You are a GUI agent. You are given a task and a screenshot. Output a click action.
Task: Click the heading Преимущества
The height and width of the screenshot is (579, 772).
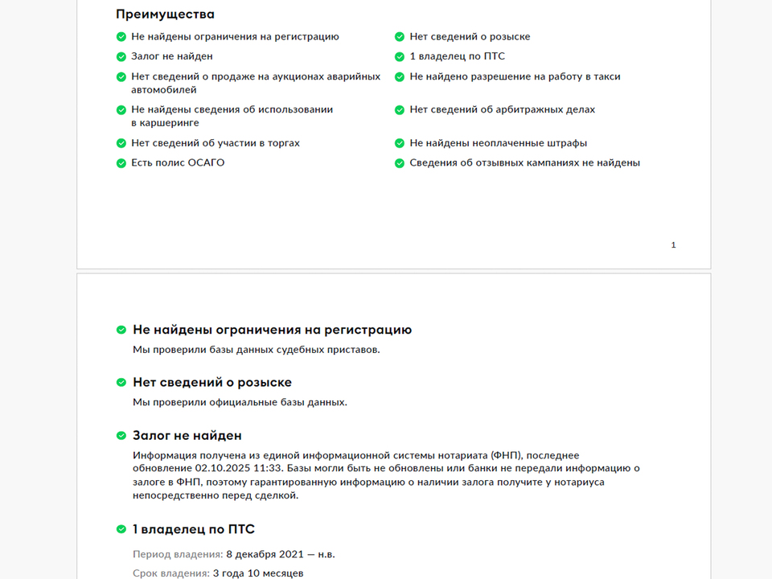click(165, 14)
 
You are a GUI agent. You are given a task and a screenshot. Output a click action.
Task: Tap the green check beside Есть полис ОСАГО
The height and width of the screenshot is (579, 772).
click(121, 163)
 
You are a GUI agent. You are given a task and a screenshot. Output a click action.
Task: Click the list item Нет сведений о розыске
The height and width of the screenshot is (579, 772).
click(470, 37)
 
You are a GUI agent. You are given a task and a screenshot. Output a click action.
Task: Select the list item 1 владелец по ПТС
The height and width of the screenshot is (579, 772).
click(457, 56)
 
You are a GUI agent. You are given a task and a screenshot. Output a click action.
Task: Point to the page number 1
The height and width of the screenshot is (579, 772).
click(673, 245)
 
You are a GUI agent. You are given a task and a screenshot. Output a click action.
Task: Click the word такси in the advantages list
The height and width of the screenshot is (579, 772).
click(606, 77)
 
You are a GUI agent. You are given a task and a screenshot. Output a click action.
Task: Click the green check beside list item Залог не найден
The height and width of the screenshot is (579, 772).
click(121, 56)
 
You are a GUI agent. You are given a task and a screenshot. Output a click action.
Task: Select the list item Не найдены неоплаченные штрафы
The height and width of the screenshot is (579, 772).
click(498, 143)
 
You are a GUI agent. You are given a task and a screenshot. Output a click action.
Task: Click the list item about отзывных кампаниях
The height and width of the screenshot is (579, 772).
click(524, 163)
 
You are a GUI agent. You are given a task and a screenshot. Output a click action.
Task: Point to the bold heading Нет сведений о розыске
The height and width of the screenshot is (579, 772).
click(212, 383)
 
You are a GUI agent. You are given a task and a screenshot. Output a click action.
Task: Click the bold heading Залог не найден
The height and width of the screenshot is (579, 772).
click(187, 436)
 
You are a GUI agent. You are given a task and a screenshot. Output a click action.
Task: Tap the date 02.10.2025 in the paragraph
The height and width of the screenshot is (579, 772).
click(221, 468)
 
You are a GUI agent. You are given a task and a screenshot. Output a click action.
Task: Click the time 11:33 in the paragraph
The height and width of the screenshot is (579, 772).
click(266, 468)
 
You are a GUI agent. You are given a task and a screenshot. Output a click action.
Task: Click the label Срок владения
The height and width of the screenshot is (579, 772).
click(170, 573)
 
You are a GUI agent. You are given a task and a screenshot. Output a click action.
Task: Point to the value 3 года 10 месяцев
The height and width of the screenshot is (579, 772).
click(258, 573)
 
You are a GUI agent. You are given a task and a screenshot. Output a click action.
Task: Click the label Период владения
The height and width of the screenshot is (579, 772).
click(177, 555)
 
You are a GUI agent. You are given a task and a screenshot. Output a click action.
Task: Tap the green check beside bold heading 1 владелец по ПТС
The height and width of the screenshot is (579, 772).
click(121, 529)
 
